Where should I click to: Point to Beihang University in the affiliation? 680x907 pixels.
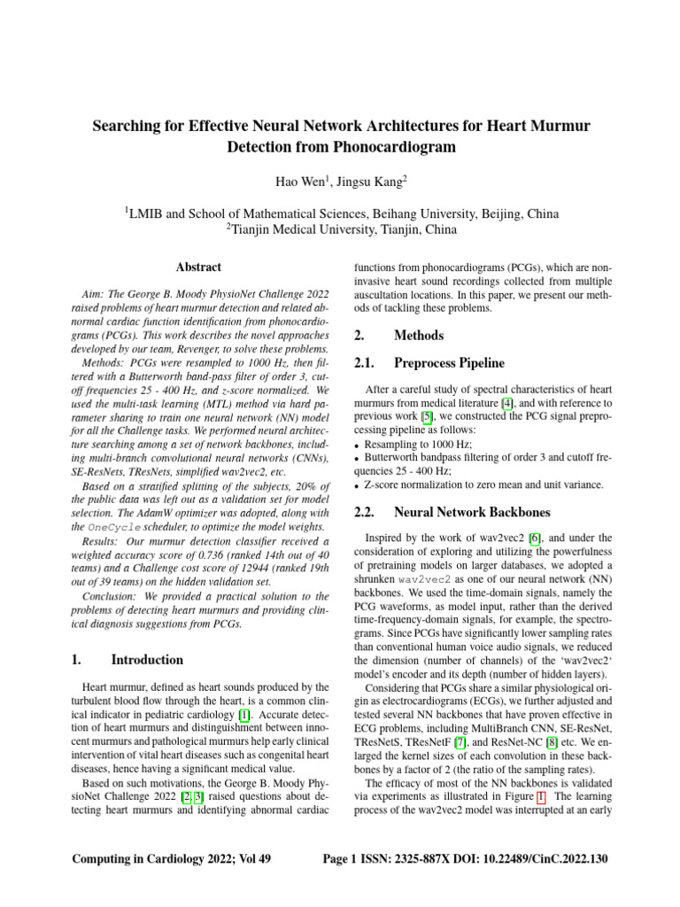click(438, 213)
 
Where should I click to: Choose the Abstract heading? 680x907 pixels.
click(198, 267)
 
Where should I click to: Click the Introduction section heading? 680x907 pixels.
click(147, 660)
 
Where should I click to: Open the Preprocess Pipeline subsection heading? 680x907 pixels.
click(450, 362)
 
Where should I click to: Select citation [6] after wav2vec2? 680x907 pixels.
click(534, 538)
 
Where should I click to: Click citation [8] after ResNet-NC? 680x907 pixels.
click(548, 721)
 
